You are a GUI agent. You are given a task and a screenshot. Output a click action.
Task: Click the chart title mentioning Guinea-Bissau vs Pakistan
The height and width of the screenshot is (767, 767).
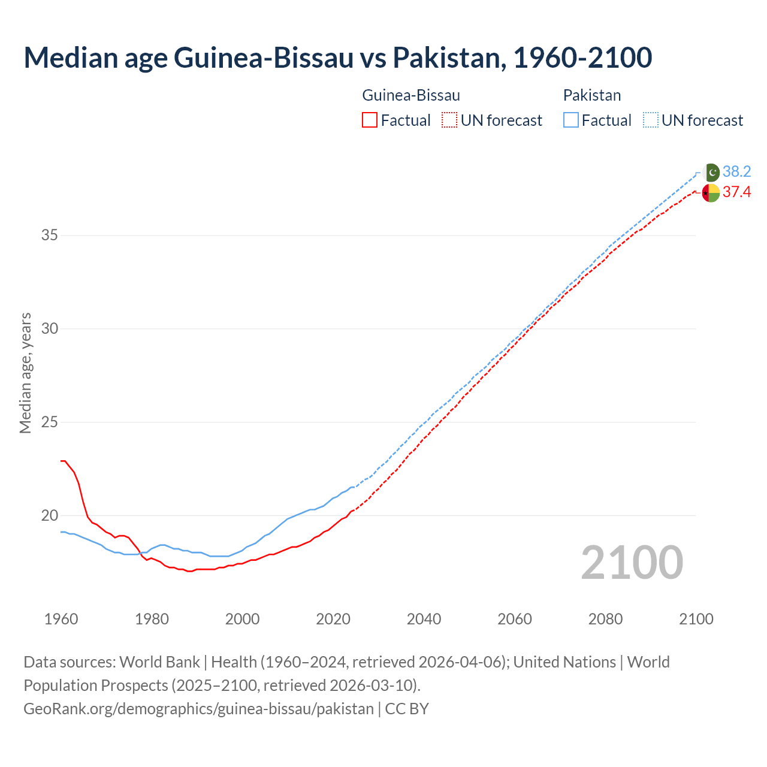click(337, 58)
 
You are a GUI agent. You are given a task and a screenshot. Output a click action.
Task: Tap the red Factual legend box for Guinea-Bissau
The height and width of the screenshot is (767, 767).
click(370, 120)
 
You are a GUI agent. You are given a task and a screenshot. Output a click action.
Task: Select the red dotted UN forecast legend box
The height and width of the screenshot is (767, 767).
click(449, 120)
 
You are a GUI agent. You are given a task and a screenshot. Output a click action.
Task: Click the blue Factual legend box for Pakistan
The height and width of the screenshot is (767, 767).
click(571, 120)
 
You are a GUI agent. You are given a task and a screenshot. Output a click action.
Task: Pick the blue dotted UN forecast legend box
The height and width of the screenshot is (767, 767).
click(650, 120)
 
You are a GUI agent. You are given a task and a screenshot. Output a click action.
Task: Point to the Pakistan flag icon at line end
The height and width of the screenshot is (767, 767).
click(711, 172)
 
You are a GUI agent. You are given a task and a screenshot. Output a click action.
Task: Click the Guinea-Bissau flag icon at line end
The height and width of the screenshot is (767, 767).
click(711, 193)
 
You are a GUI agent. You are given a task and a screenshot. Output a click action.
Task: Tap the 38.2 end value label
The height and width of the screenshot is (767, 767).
click(736, 172)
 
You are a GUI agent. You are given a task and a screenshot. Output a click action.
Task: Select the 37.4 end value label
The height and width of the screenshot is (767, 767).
click(736, 192)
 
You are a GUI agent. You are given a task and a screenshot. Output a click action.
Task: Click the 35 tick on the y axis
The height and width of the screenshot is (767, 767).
click(49, 235)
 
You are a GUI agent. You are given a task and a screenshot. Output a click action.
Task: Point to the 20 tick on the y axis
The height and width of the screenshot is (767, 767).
click(49, 516)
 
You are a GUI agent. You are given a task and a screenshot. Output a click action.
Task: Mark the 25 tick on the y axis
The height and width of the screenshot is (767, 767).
click(49, 422)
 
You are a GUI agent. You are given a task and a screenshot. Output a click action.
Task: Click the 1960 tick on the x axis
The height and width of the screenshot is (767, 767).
click(61, 619)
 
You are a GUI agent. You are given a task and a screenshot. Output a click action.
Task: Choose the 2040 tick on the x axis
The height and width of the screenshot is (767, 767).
click(424, 619)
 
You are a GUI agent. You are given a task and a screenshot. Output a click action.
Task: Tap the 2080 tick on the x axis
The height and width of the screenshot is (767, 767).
click(605, 619)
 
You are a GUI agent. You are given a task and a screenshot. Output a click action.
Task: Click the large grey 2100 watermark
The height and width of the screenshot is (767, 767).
click(632, 563)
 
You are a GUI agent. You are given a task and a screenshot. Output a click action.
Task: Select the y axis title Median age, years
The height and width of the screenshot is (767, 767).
click(25, 373)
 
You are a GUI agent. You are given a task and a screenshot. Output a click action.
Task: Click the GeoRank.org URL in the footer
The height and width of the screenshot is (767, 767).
click(198, 709)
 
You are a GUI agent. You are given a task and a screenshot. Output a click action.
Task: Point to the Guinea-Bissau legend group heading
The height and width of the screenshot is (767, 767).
click(411, 95)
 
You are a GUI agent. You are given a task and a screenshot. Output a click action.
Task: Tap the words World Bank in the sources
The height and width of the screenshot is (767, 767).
click(159, 662)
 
